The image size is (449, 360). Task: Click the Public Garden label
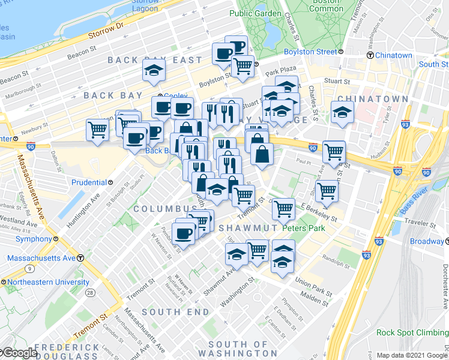[255, 13]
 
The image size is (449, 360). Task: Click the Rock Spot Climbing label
[412, 332]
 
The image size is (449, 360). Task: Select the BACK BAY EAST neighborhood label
[155, 60]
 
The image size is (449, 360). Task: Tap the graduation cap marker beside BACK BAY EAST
[154, 71]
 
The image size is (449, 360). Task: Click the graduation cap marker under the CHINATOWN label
[342, 113]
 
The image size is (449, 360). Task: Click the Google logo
[19, 353]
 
